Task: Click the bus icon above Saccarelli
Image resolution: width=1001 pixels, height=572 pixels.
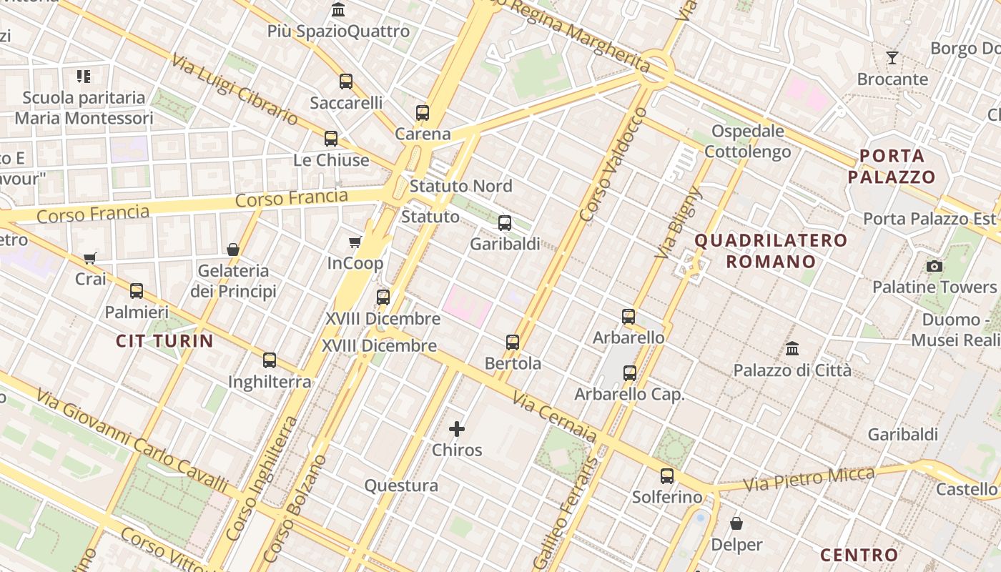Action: (346, 82)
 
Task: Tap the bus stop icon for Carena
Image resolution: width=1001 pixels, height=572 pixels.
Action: (423, 113)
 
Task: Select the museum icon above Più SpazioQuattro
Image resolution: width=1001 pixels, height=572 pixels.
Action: (338, 10)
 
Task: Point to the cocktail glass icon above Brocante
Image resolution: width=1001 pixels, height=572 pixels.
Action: (892, 58)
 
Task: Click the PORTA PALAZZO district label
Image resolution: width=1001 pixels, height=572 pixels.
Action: (892, 166)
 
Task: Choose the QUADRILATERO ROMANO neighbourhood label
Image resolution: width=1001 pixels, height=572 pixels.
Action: (771, 250)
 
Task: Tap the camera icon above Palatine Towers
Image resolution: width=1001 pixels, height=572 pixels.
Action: (934, 267)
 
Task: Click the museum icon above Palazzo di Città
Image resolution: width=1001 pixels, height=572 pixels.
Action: (792, 349)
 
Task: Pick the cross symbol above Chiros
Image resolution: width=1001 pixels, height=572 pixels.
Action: (457, 429)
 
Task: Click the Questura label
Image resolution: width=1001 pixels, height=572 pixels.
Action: (401, 485)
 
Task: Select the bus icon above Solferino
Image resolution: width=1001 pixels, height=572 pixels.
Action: (667, 475)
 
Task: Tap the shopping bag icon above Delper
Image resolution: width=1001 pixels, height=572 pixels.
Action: (736, 523)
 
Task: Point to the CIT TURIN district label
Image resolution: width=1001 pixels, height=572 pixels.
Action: (165, 341)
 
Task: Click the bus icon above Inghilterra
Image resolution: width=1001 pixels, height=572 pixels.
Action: (270, 360)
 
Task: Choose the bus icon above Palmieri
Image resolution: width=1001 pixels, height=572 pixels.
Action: (137, 291)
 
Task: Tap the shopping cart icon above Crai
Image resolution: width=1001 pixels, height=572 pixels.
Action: (90, 258)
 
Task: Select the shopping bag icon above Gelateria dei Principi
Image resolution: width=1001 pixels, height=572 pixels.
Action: (233, 250)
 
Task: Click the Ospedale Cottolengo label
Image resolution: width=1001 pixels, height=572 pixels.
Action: (748, 142)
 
